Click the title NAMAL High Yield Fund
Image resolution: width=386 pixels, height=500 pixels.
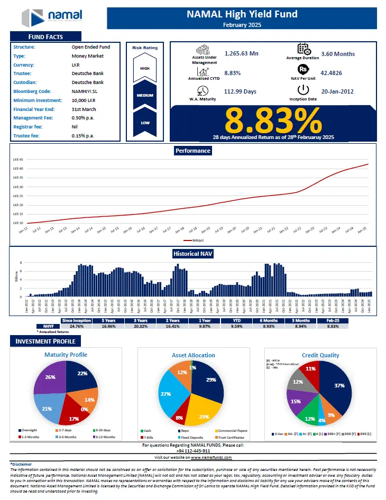pos(242,14)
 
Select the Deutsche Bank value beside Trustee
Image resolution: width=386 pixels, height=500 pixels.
pos(88,73)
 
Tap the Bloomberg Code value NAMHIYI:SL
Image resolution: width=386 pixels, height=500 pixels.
pos(88,91)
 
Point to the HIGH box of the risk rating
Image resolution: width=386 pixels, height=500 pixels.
pos(145,68)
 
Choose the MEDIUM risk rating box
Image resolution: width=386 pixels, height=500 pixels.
pos(145,95)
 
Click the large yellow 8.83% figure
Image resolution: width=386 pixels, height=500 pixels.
pos(273,122)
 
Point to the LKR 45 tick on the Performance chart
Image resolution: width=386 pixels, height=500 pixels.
pos(18,160)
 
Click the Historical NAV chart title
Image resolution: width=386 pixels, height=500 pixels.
pos(193,254)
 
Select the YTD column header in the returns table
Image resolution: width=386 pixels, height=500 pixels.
pos(236,320)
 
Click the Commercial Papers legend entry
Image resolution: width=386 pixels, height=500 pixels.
pos(233,431)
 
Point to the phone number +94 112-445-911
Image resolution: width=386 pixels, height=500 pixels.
pos(193,451)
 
